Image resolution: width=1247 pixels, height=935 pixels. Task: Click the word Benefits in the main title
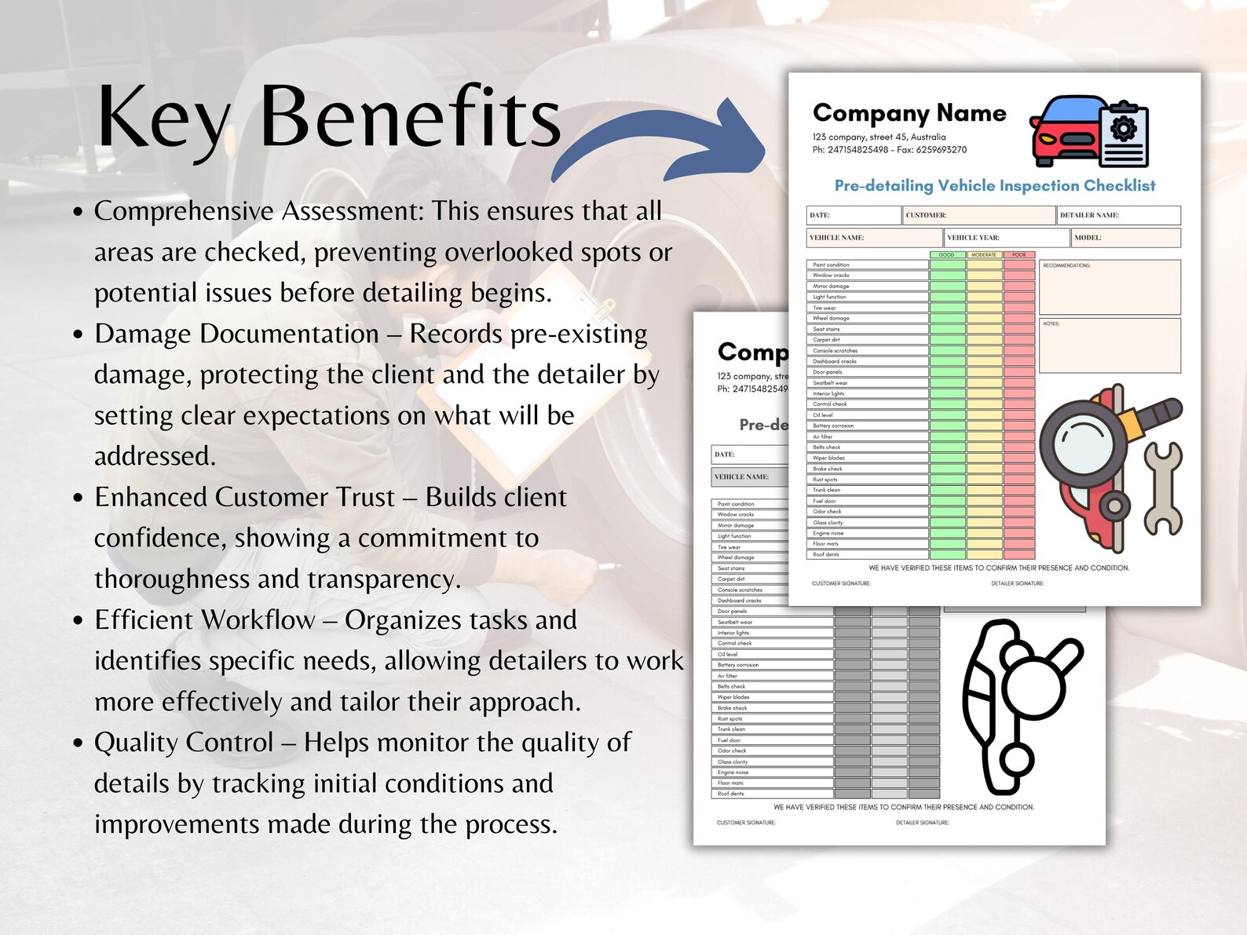pyautogui.click(x=410, y=118)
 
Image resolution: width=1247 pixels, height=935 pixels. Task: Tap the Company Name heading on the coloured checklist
pyautogui.click(x=909, y=113)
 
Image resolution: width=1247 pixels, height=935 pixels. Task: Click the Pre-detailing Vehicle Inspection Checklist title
pyautogui.click(x=994, y=186)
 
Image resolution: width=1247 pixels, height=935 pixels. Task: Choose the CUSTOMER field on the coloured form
pyautogui.click(x=978, y=215)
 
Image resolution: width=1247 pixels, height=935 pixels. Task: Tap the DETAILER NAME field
pyautogui.click(x=1118, y=215)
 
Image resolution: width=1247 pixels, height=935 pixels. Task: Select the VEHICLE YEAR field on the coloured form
pyautogui.click(x=1006, y=237)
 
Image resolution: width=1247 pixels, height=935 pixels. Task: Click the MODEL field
pyautogui.click(x=1125, y=237)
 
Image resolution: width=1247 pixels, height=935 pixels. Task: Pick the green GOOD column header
pyautogui.click(x=947, y=255)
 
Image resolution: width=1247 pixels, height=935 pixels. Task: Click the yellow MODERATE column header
pyautogui.click(x=984, y=255)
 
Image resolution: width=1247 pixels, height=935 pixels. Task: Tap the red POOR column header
pyautogui.click(x=1019, y=255)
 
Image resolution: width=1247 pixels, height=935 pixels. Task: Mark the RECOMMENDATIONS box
pyautogui.click(x=1109, y=287)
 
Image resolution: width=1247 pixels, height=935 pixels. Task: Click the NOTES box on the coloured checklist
pyautogui.click(x=1109, y=345)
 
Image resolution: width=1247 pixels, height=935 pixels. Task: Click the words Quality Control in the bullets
pyautogui.click(x=184, y=743)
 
